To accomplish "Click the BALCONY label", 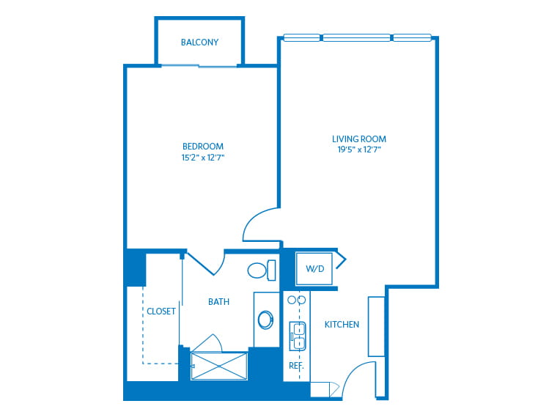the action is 199,42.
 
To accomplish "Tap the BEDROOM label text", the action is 203,147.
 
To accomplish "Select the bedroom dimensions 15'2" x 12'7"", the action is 203,158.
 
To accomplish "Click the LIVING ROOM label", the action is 359,139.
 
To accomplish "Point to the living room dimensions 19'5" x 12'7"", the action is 359,150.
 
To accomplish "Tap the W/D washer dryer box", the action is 314,268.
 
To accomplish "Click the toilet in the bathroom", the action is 262,270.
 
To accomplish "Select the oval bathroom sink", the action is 266,320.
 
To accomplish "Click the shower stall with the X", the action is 219,366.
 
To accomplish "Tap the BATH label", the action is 218,302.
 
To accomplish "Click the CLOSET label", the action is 161,312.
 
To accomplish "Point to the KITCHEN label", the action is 342,325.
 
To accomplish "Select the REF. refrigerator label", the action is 296,366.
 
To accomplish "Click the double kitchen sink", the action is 297,336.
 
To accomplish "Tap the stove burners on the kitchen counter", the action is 296,300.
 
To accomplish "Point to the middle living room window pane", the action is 357,37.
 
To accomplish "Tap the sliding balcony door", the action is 199,66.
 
